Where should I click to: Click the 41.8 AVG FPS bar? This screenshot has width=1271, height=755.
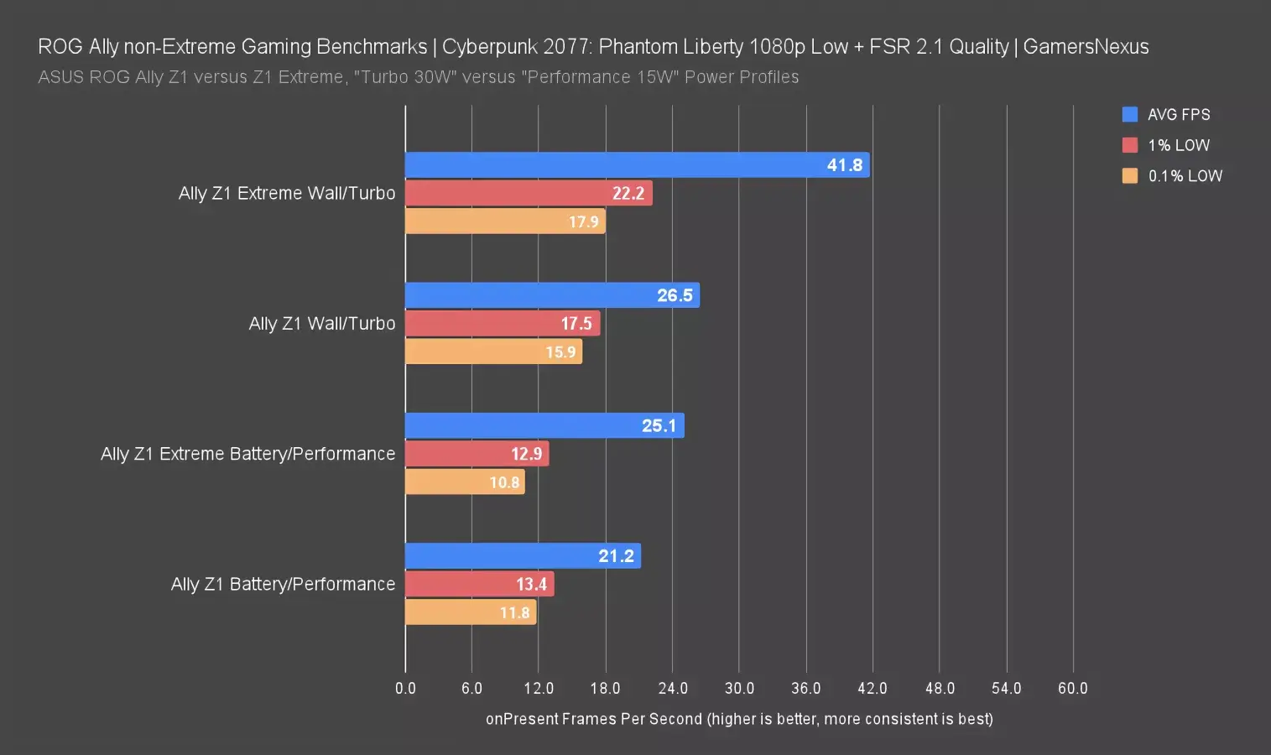pos(637,165)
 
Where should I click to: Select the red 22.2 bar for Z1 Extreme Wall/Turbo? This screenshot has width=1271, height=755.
pos(529,194)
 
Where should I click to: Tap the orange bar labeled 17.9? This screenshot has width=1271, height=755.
pos(505,221)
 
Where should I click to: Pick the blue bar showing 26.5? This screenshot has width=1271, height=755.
pos(552,295)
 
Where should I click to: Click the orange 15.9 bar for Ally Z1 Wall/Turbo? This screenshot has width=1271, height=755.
pos(493,351)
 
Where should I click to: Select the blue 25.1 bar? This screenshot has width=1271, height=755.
pos(544,425)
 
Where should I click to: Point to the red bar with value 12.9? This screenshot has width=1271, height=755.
pos(477,454)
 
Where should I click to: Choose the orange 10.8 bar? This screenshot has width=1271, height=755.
pos(465,482)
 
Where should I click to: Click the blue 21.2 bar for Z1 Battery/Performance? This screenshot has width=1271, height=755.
pos(523,556)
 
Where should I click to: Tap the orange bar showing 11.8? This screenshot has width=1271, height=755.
pos(471,612)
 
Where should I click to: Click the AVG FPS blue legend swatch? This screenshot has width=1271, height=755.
pos(1130,115)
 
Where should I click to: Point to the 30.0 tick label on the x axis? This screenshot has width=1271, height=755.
pos(739,689)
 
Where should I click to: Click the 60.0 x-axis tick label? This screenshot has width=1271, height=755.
pos(1072,689)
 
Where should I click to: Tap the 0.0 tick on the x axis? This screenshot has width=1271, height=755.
pos(405,689)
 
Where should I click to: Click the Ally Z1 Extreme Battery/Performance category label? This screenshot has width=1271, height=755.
pos(247,454)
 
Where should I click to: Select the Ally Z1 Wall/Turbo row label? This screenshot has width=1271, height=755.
pos(321,324)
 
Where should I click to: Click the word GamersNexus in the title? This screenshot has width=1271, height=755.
pos(1086,47)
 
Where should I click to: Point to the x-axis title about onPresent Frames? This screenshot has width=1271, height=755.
pos(739,719)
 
